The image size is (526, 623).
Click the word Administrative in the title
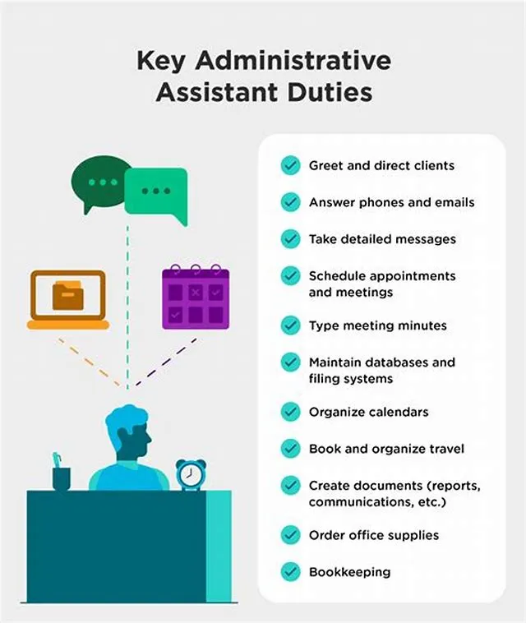pyautogui.click(x=293, y=60)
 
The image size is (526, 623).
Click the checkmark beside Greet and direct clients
pyautogui.click(x=290, y=165)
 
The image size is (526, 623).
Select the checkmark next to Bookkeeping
pyautogui.click(x=290, y=572)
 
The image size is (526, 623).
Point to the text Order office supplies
pyautogui.click(x=374, y=535)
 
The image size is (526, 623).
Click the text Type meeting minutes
pyautogui.click(x=378, y=325)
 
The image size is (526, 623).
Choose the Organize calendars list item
pyautogui.click(x=369, y=412)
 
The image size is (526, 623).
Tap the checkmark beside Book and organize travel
pyautogui.click(x=290, y=449)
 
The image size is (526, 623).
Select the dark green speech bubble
pyautogui.click(x=99, y=182)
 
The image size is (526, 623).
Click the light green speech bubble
pyautogui.click(x=156, y=192)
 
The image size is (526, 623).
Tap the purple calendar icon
pyautogui.click(x=196, y=297)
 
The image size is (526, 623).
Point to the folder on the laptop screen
pyautogui.click(x=68, y=295)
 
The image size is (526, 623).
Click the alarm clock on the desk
pyautogui.click(x=191, y=475)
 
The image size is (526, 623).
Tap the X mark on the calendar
pyautogui.click(x=196, y=293)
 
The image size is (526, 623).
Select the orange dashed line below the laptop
pyautogui.click(x=89, y=362)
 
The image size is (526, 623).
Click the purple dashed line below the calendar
pyautogui.click(x=166, y=362)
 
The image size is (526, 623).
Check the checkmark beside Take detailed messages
pyautogui.click(x=290, y=239)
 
